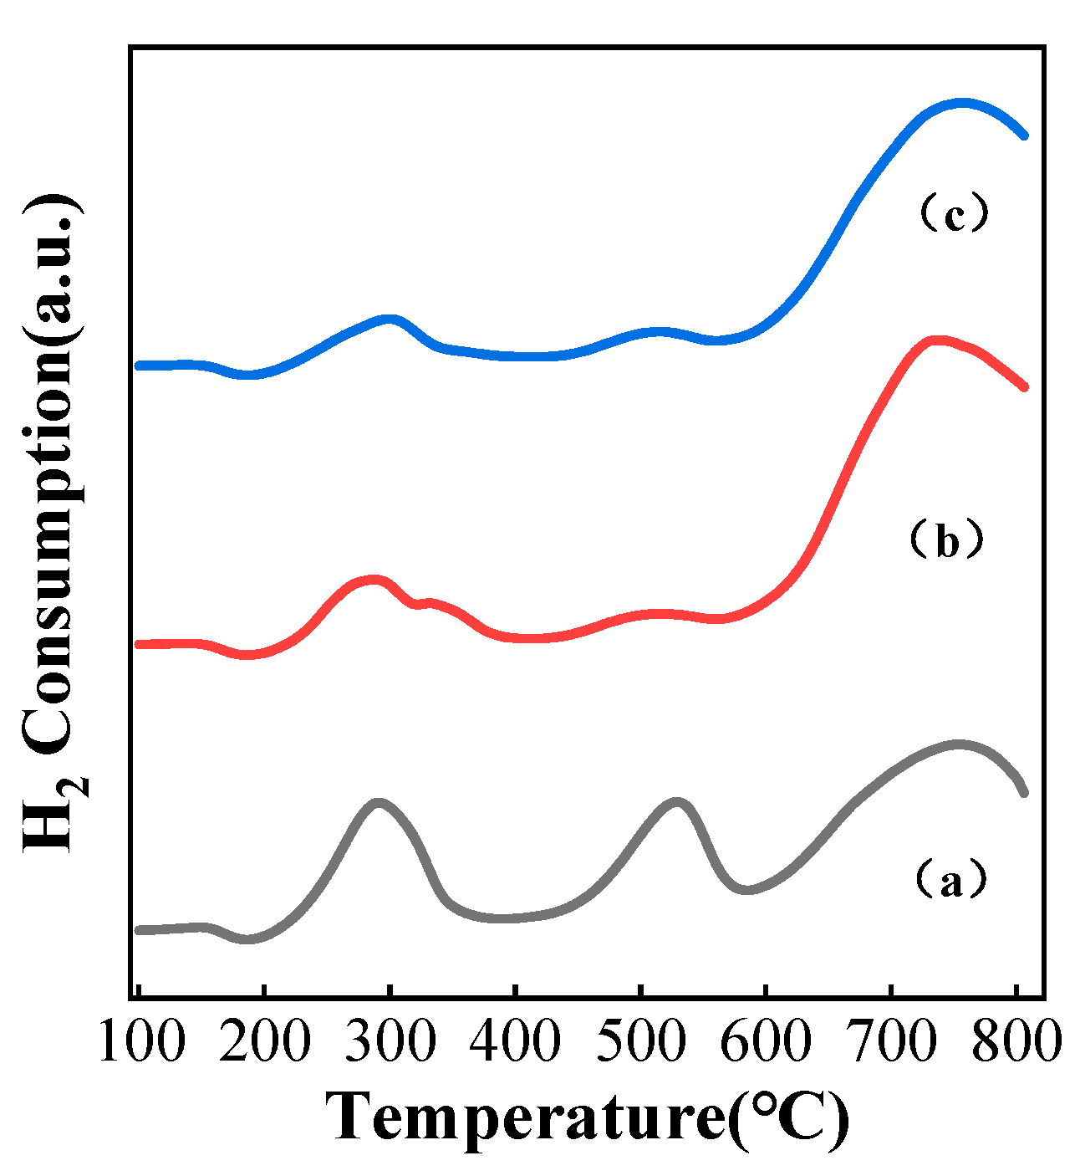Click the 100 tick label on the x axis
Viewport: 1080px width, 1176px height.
[x=140, y=1042]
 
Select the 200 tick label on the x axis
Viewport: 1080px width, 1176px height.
[x=265, y=1042]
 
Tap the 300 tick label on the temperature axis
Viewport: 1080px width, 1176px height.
[x=390, y=1042]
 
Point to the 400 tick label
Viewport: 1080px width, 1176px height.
[x=515, y=1042]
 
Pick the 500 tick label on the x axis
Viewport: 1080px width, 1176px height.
[x=640, y=1042]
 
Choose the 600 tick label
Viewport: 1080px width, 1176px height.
[x=766, y=1042]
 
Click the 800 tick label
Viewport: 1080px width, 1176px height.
[x=1016, y=1042]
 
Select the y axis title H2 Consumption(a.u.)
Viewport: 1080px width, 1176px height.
[x=54, y=524]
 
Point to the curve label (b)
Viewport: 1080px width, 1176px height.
[x=946, y=541]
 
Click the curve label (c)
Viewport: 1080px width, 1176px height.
[x=953, y=215]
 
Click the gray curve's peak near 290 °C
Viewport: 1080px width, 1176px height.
[x=379, y=804]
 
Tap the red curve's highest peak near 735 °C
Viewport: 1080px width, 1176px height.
[x=936, y=340]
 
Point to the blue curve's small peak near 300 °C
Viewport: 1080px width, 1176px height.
[x=389, y=320]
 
